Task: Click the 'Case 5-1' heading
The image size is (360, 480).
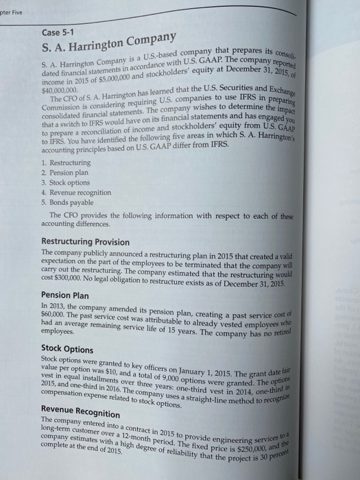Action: (x=60, y=32)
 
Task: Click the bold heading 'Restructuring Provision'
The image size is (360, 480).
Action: (x=85, y=242)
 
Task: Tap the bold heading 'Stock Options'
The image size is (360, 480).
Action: (x=69, y=348)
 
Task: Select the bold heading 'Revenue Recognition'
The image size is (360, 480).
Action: (x=84, y=411)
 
